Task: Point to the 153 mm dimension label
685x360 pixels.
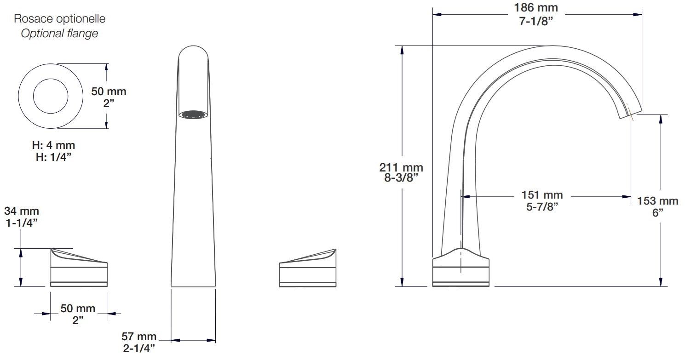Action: click(x=657, y=201)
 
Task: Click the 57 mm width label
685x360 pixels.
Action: click(x=138, y=337)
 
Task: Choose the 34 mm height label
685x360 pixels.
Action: click(x=22, y=211)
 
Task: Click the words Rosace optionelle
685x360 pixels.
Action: click(x=60, y=19)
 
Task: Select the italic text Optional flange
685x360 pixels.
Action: click(x=60, y=34)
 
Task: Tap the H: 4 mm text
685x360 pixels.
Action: click(x=53, y=145)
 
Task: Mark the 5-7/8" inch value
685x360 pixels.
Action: click(x=542, y=207)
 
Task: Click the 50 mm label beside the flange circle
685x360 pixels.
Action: click(x=109, y=91)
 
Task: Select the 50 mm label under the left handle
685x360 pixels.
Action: click(x=78, y=308)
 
